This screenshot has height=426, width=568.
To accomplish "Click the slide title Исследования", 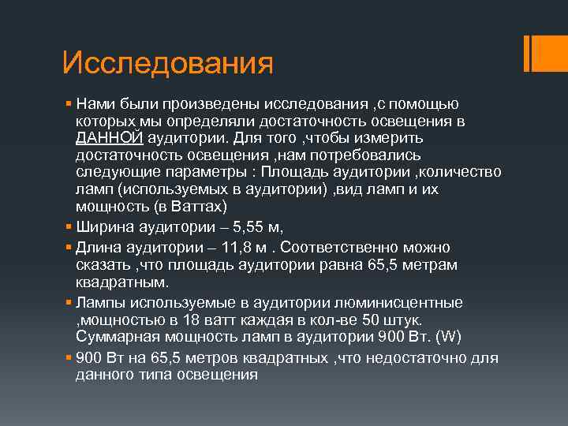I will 167,63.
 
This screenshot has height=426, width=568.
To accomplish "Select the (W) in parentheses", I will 447,338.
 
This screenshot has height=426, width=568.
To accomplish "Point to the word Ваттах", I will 196,207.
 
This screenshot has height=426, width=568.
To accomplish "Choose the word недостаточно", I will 424,358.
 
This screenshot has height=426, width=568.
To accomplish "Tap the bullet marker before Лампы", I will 69,303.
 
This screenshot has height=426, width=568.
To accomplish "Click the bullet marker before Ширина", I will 69,227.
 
